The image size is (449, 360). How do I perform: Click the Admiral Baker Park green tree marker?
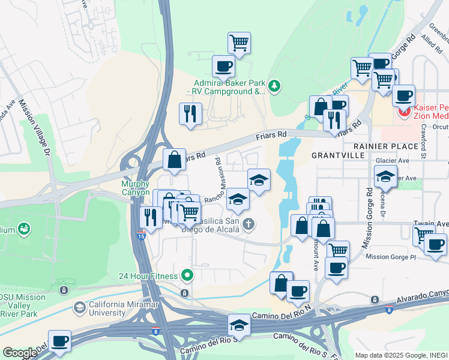(x=274, y=86)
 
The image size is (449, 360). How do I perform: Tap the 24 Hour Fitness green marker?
(x=188, y=275)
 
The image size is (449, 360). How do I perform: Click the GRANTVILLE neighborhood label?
(x=338, y=155)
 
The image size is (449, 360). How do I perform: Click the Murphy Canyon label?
(x=136, y=188)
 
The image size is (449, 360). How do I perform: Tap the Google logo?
(x=19, y=353)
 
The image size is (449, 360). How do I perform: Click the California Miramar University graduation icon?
(x=79, y=308)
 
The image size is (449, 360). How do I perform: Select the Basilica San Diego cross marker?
(x=249, y=224)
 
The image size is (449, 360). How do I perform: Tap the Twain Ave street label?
(x=430, y=223)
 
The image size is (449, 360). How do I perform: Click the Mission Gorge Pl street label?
(x=390, y=256)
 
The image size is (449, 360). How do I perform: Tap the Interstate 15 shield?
(x=142, y=234)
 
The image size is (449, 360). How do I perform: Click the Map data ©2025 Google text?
(x=401, y=355)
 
